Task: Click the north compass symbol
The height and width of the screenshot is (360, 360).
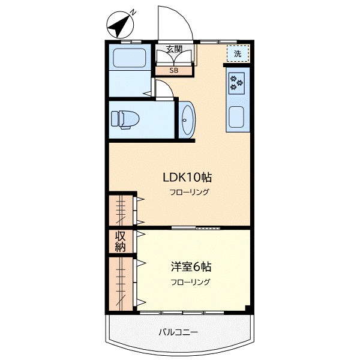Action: click(120, 25)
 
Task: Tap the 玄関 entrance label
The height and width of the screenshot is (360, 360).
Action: click(174, 49)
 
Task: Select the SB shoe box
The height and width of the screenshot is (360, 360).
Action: click(174, 70)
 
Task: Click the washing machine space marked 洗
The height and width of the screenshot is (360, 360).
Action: click(238, 53)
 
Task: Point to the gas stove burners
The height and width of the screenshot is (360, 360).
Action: click(236, 83)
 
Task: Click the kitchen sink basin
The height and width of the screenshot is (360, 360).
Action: click(236, 118)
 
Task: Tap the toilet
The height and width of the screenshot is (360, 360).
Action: click(125, 119)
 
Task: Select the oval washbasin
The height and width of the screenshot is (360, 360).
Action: click(187, 120)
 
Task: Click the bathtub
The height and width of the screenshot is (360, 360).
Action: click(130, 58)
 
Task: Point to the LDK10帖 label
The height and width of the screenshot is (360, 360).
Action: click(187, 178)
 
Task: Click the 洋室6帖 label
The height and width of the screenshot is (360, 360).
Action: click(191, 267)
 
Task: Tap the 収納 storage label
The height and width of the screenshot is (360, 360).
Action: click(121, 241)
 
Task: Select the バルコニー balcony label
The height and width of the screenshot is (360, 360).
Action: click(178, 332)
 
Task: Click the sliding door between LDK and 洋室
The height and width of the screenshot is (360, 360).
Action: click(196, 228)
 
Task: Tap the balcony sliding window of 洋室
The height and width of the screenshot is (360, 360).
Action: click(182, 313)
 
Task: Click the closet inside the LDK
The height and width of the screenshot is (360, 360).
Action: click(121, 211)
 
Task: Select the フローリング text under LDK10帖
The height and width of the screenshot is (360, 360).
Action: click(190, 192)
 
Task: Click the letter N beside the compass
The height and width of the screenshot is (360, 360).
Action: click(133, 13)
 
